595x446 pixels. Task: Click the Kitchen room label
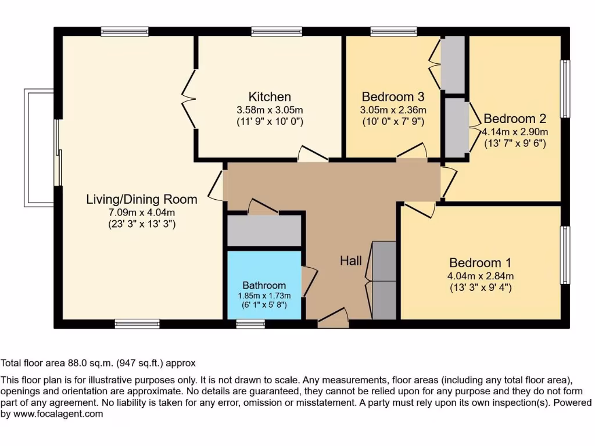(270, 96)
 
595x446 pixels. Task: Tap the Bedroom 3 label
(393, 96)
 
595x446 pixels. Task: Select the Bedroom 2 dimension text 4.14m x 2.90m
(514, 132)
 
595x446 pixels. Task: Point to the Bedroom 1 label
(479, 262)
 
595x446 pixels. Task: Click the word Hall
(351, 261)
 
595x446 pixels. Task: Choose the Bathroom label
(264, 285)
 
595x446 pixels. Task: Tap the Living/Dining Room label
(142, 199)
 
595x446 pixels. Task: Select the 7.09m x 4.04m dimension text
(142, 212)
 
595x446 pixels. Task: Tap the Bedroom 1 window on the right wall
(565, 255)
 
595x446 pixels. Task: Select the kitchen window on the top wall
(277, 31)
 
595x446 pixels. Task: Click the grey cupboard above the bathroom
(264, 231)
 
